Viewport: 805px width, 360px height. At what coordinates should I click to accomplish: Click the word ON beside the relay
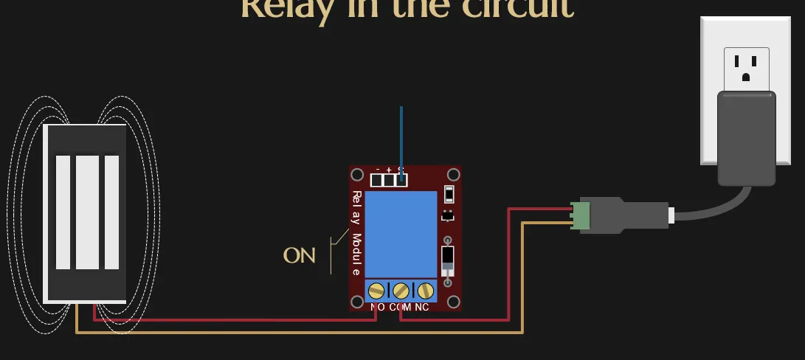[299, 256]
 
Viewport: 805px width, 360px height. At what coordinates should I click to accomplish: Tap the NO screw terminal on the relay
[377, 290]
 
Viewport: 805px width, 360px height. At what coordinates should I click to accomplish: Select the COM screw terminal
[401, 290]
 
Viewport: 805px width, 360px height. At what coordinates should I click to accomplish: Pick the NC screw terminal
[424, 290]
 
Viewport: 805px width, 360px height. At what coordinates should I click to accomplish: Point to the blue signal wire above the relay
[401, 136]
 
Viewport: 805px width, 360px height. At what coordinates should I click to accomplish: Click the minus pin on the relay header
[377, 179]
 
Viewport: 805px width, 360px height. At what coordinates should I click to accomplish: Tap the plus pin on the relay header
[389, 179]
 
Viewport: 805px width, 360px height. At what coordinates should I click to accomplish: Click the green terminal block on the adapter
[581, 215]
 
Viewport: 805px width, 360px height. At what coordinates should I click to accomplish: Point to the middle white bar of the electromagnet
[88, 212]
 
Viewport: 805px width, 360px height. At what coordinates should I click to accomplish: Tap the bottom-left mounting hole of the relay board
[358, 302]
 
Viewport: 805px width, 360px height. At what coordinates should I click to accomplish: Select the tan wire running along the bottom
[295, 333]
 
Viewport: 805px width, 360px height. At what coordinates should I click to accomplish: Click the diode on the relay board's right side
[447, 259]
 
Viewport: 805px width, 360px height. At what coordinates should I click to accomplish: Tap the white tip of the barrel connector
[671, 215]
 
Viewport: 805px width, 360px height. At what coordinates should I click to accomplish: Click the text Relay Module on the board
[356, 232]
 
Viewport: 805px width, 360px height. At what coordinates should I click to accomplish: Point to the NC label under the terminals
[422, 307]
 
